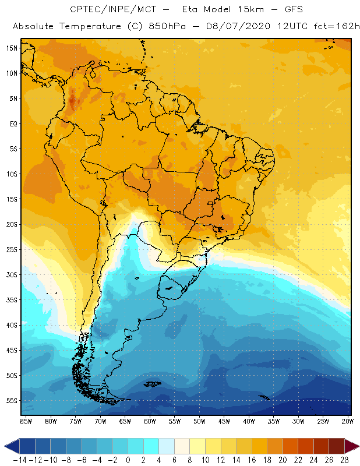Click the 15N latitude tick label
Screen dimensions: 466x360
12,48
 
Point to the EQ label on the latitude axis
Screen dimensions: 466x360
12,123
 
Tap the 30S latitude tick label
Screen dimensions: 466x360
12,274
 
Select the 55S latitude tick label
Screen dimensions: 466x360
12,401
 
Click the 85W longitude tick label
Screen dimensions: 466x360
26,421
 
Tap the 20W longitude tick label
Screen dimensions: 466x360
348,421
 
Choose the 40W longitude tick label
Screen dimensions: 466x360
249,421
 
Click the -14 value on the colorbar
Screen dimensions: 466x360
20,460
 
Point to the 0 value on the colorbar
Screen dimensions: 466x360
128,460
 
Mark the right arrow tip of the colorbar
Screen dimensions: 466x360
357,446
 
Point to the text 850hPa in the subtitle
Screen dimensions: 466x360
172,26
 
